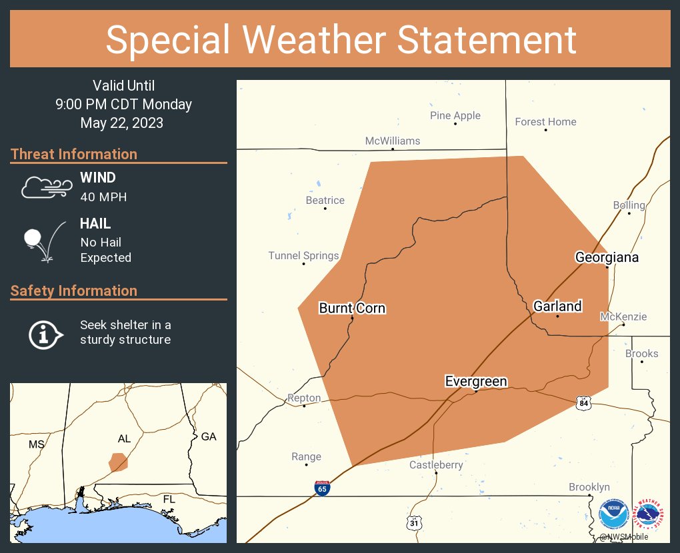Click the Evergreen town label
476,381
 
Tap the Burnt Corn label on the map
352,308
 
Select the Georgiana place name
607,257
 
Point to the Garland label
557,306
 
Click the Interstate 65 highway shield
322,488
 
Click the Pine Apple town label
455,115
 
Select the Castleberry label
436,464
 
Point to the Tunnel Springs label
303,255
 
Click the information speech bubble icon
45,333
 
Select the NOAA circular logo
613,515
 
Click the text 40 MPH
103,197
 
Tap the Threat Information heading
74,154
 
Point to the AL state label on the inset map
124,438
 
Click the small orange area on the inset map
118,461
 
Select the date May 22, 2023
122,123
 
